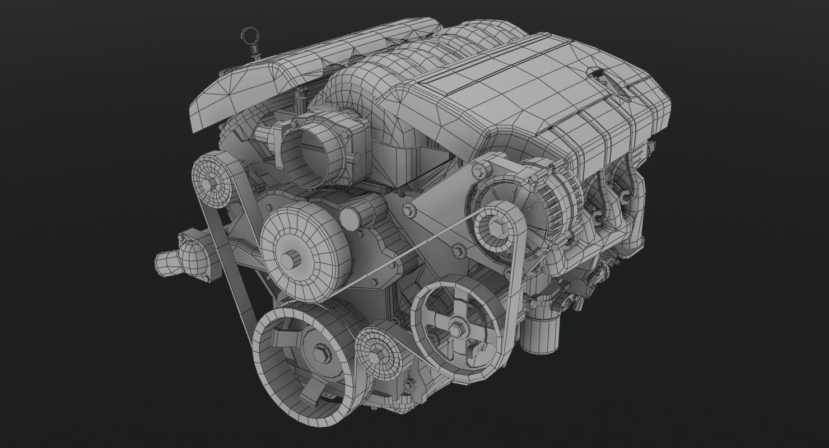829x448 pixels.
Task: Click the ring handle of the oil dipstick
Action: [248, 36]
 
